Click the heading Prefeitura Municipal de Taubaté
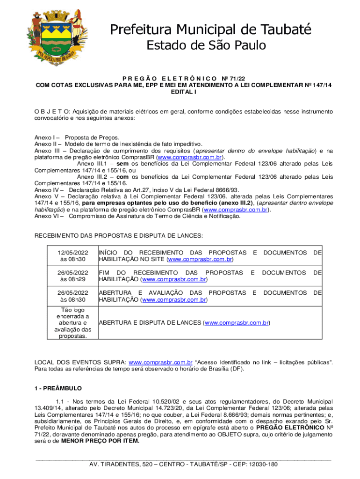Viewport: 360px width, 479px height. click(210, 30)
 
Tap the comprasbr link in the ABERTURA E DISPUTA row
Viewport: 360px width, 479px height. click(237, 323)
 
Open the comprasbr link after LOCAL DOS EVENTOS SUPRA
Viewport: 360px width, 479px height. click(160, 362)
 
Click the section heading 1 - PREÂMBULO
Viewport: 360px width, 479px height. click(58, 388)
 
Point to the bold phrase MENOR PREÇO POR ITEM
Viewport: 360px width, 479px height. click(100, 441)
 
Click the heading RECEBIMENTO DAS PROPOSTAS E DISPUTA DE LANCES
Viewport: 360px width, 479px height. click(119, 236)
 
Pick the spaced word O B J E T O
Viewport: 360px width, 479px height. click(52, 112)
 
